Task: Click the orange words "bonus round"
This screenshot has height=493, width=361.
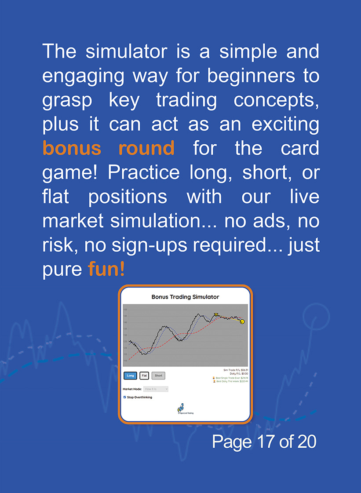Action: click(108, 148)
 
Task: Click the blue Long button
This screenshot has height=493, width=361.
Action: click(130, 376)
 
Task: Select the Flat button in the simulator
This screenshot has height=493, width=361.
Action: click(144, 376)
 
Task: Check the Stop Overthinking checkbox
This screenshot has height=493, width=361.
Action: click(125, 397)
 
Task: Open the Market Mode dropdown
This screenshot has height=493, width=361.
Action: click(156, 389)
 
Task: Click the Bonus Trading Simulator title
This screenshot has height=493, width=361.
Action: click(185, 297)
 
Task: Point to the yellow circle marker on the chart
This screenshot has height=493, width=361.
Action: click(242, 321)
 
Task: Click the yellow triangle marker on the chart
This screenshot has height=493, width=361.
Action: click(216, 315)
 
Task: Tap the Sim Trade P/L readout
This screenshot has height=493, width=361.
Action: click(236, 370)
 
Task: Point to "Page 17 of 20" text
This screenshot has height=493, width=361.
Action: click(264, 442)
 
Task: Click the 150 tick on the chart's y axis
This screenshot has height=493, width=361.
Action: click(125, 310)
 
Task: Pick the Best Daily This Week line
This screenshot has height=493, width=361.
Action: click(231, 381)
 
